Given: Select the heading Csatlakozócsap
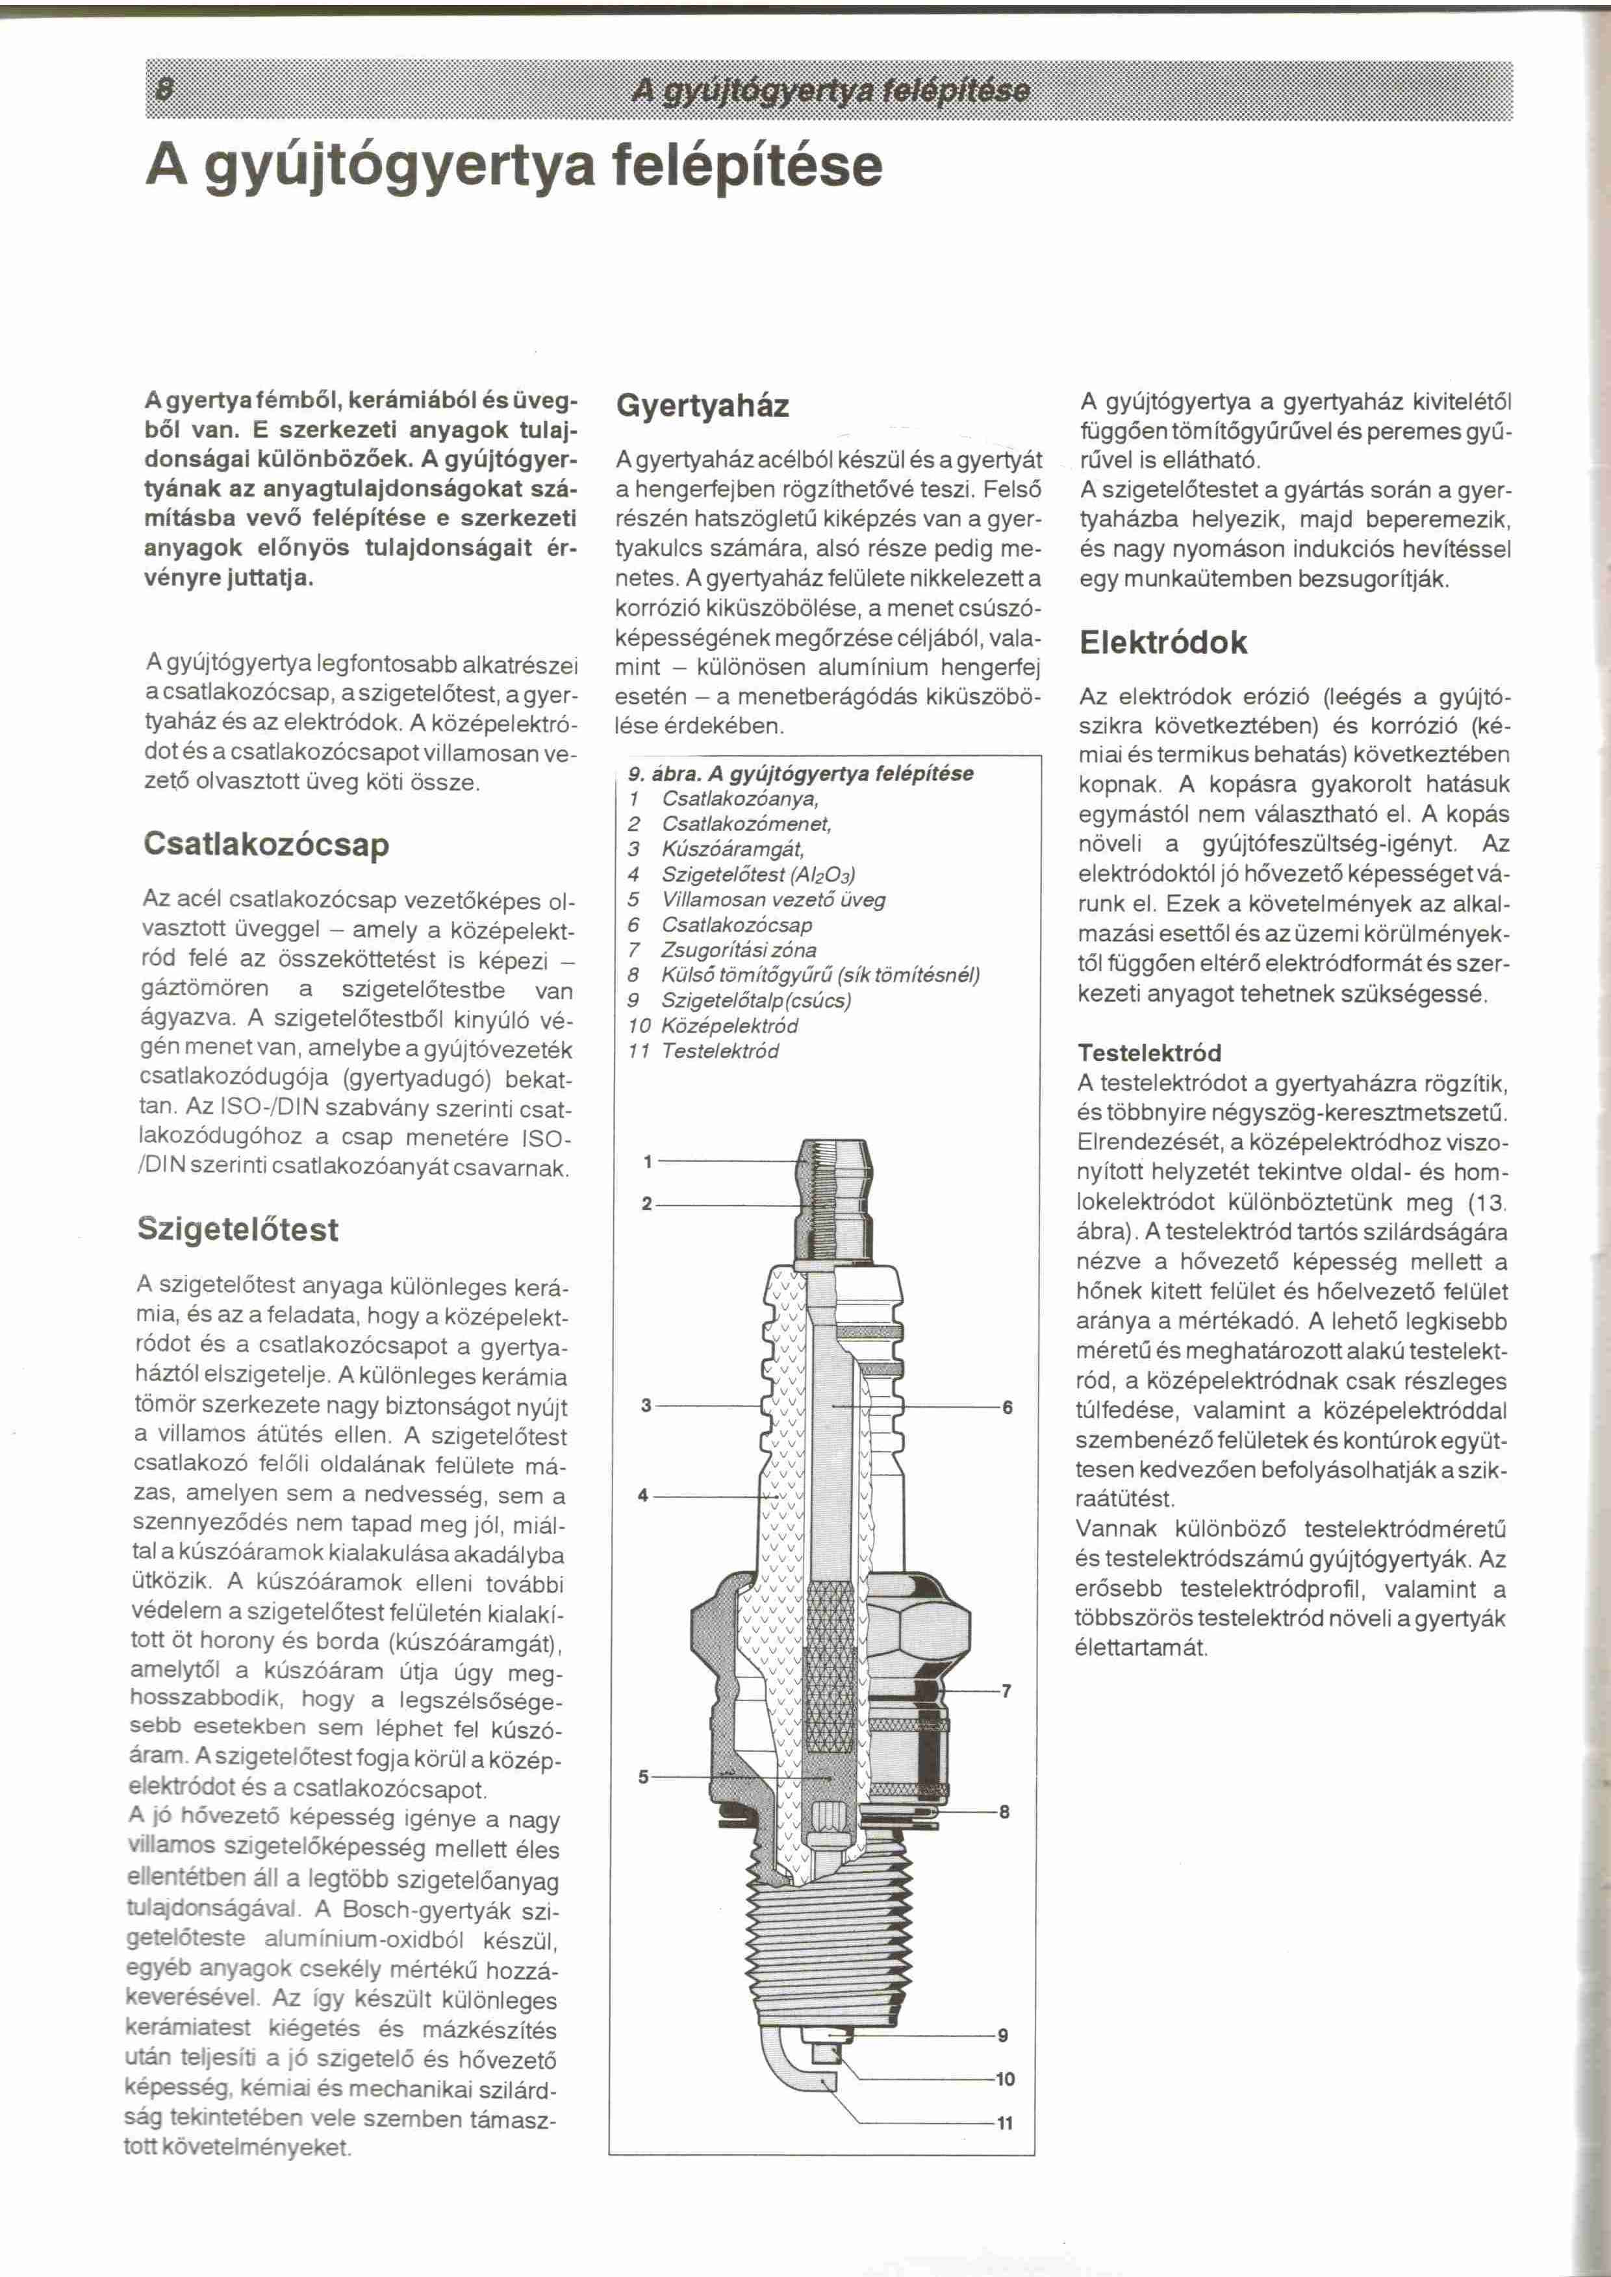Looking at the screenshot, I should point(266,844).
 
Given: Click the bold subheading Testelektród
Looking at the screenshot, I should point(1148,1052).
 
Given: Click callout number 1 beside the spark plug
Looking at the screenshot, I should point(647,1162).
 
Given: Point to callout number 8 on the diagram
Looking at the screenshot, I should point(1005,1812).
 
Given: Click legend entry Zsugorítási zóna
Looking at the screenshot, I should point(739,950).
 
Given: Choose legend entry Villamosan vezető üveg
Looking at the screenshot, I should point(773,899).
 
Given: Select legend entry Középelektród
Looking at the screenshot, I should point(729,1025).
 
